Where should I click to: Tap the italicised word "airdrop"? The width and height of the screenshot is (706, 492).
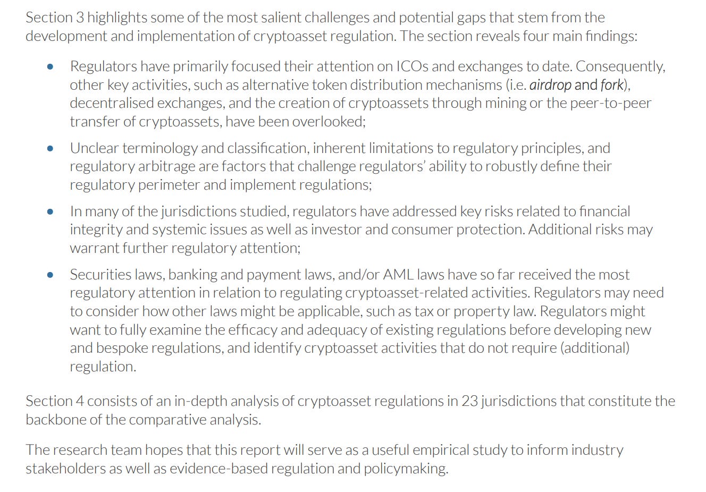click(x=550, y=85)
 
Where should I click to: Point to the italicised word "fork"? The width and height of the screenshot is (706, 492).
click(x=611, y=85)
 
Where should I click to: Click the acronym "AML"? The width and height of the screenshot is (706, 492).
click(x=398, y=275)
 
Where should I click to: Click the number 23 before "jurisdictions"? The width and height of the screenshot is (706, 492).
click(x=469, y=401)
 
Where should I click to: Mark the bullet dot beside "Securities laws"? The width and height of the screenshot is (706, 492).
click(x=50, y=275)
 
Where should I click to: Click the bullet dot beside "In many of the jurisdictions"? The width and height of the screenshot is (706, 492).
click(x=50, y=211)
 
